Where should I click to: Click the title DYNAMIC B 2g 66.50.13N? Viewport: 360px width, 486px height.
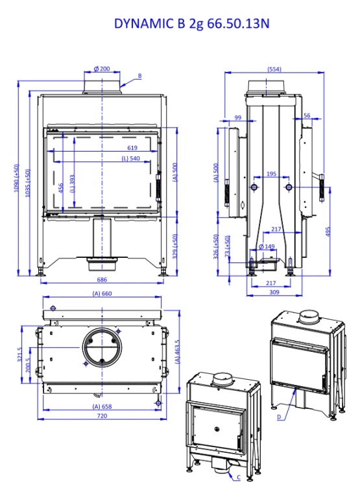point(191,23)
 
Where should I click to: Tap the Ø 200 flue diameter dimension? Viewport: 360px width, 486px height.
point(102,69)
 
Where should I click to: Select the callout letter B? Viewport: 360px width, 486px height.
point(139,76)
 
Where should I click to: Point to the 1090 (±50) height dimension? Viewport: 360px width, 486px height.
point(16,178)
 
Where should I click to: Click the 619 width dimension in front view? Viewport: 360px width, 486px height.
point(132,148)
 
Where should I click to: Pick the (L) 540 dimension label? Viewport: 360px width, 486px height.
point(130,158)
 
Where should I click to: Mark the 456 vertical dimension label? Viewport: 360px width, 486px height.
point(61,188)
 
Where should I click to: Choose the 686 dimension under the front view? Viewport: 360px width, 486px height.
point(102,279)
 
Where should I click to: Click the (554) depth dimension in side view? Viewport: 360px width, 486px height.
point(274,69)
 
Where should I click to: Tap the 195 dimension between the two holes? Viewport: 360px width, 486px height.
point(271,174)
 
